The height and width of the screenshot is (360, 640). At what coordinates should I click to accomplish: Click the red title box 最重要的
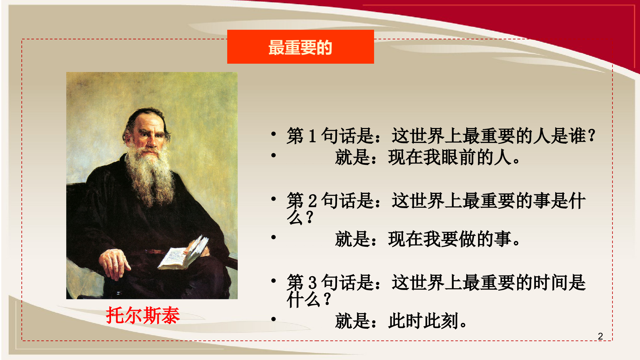point(300,47)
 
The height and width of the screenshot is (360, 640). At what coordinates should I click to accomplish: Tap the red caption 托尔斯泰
point(143,315)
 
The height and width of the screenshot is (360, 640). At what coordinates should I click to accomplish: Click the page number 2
point(600,336)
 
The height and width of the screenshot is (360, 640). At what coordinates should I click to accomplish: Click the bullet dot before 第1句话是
point(273,134)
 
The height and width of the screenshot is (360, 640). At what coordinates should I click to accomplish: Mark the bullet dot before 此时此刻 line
point(273,319)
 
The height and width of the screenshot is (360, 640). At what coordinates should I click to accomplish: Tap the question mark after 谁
point(592,136)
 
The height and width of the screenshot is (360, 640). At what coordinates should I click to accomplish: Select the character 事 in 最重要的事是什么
point(542,201)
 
